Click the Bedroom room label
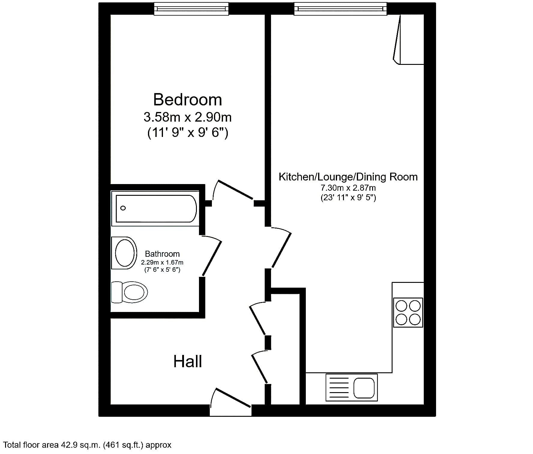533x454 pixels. (x=188, y=99)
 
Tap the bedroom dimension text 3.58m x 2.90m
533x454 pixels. (x=188, y=117)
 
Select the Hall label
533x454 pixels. (x=188, y=361)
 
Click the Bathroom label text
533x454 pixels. (x=162, y=254)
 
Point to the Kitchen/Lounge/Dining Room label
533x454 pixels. (x=348, y=177)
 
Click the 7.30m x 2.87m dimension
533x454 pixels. (x=348, y=188)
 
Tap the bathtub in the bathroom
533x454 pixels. (x=155, y=208)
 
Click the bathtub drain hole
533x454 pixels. (x=123, y=208)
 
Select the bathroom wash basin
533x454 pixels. (x=124, y=253)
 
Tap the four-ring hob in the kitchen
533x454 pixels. (x=408, y=312)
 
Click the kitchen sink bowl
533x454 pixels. (x=364, y=388)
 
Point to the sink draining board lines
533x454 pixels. (x=339, y=387)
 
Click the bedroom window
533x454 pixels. (x=191, y=9)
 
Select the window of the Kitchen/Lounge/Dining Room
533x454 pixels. (x=340, y=9)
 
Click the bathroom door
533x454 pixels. (x=212, y=256)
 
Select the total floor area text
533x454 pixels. (x=87, y=445)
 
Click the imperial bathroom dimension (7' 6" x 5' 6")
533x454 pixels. (x=162, y=270)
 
